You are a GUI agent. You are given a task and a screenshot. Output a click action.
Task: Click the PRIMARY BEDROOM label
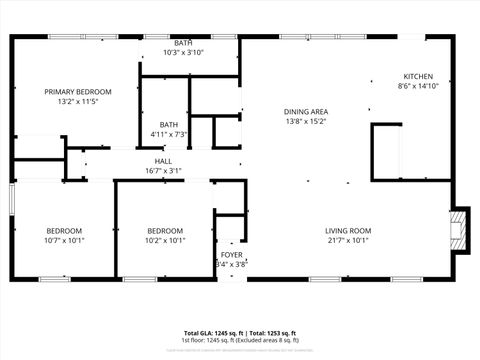click(x=77, y=91)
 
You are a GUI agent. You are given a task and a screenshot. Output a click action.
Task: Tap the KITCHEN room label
click(x=418, y=77)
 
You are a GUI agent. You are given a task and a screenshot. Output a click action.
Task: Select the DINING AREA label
click(x=306, y=111)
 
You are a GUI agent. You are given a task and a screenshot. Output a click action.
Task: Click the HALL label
click(x=162, y=161)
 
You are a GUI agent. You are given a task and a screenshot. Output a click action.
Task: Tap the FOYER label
click(x=231, y=255)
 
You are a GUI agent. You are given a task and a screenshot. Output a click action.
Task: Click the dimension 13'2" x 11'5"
click(x=77, y=101)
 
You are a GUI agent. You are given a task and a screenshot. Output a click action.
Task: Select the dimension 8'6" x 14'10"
click(x=418, y=87)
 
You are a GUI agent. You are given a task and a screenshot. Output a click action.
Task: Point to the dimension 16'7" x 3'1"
click(x=162, y=171)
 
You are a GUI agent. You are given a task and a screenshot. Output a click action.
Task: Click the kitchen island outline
click(x=386, y=152)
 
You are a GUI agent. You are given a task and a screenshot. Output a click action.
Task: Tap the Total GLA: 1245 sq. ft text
click(x=213, y=333)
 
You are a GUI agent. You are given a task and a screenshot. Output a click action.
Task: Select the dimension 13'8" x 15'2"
click(x=306, y=121)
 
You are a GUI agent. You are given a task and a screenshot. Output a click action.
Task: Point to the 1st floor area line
click(x=240, y=340)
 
